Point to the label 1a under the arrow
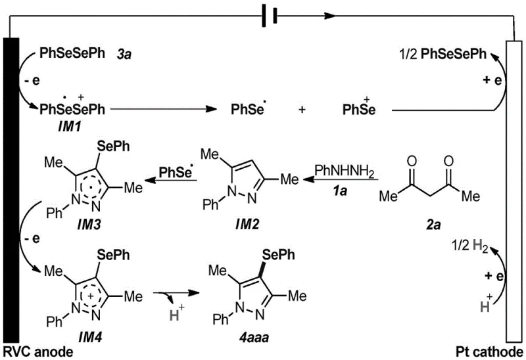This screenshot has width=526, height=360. [341, 189]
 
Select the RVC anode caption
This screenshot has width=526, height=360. [37, 351]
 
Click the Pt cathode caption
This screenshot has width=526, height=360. [489, 351]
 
